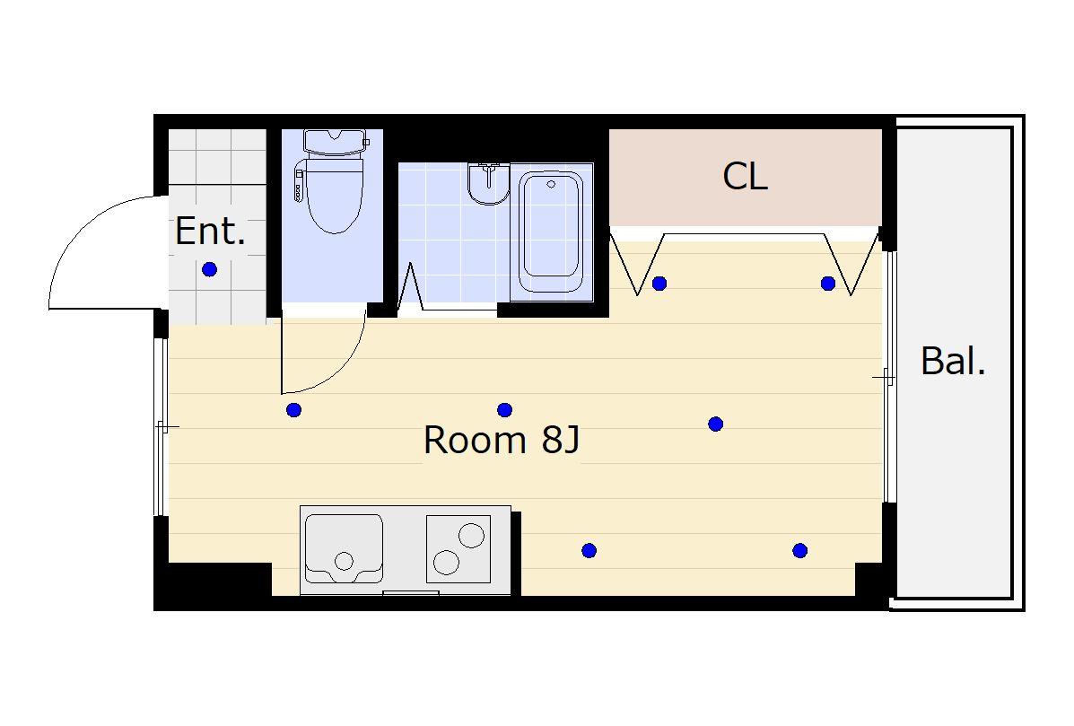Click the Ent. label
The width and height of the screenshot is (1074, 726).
pyautogui.click(x=210, y=231)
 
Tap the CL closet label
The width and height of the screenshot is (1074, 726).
pyautogui.click(x=746, y=176)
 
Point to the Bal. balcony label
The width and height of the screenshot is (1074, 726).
pyautogui.click(x=953, y=361)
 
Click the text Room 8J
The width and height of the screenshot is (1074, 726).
pyautogui.click(x=502, y=440)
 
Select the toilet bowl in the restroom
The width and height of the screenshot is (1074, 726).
pyautogui.click(x=335, y=194)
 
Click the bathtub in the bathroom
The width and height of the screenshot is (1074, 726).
pyautogui.click(x=551, y=232)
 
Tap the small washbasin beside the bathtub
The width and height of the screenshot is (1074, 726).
pyautogui.click(x=488, y=184)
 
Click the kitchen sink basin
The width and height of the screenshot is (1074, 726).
pyautogui.click(x=344, y=548)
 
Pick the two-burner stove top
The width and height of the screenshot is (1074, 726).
pyautogui.click(x=458, y=549)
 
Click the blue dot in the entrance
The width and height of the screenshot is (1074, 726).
pyautogui.click(x=210, y=269)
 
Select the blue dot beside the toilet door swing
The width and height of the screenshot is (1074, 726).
pyautogui.click(x=293, y=410)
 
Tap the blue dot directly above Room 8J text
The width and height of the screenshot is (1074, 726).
pyautogui.click(x=505, y=410)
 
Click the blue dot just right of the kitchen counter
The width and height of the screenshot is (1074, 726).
pyautogui.click(x=589, y=550)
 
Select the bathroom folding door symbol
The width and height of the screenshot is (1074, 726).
pyautogui.click(x=410, y=288)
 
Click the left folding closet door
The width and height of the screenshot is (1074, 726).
pyautogui.click(x=637, y=265)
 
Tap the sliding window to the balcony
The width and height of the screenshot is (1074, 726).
pyautogui.click(x=889, y=377)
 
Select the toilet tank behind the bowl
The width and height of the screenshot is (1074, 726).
pyautogui.click(x=335, y=143)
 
